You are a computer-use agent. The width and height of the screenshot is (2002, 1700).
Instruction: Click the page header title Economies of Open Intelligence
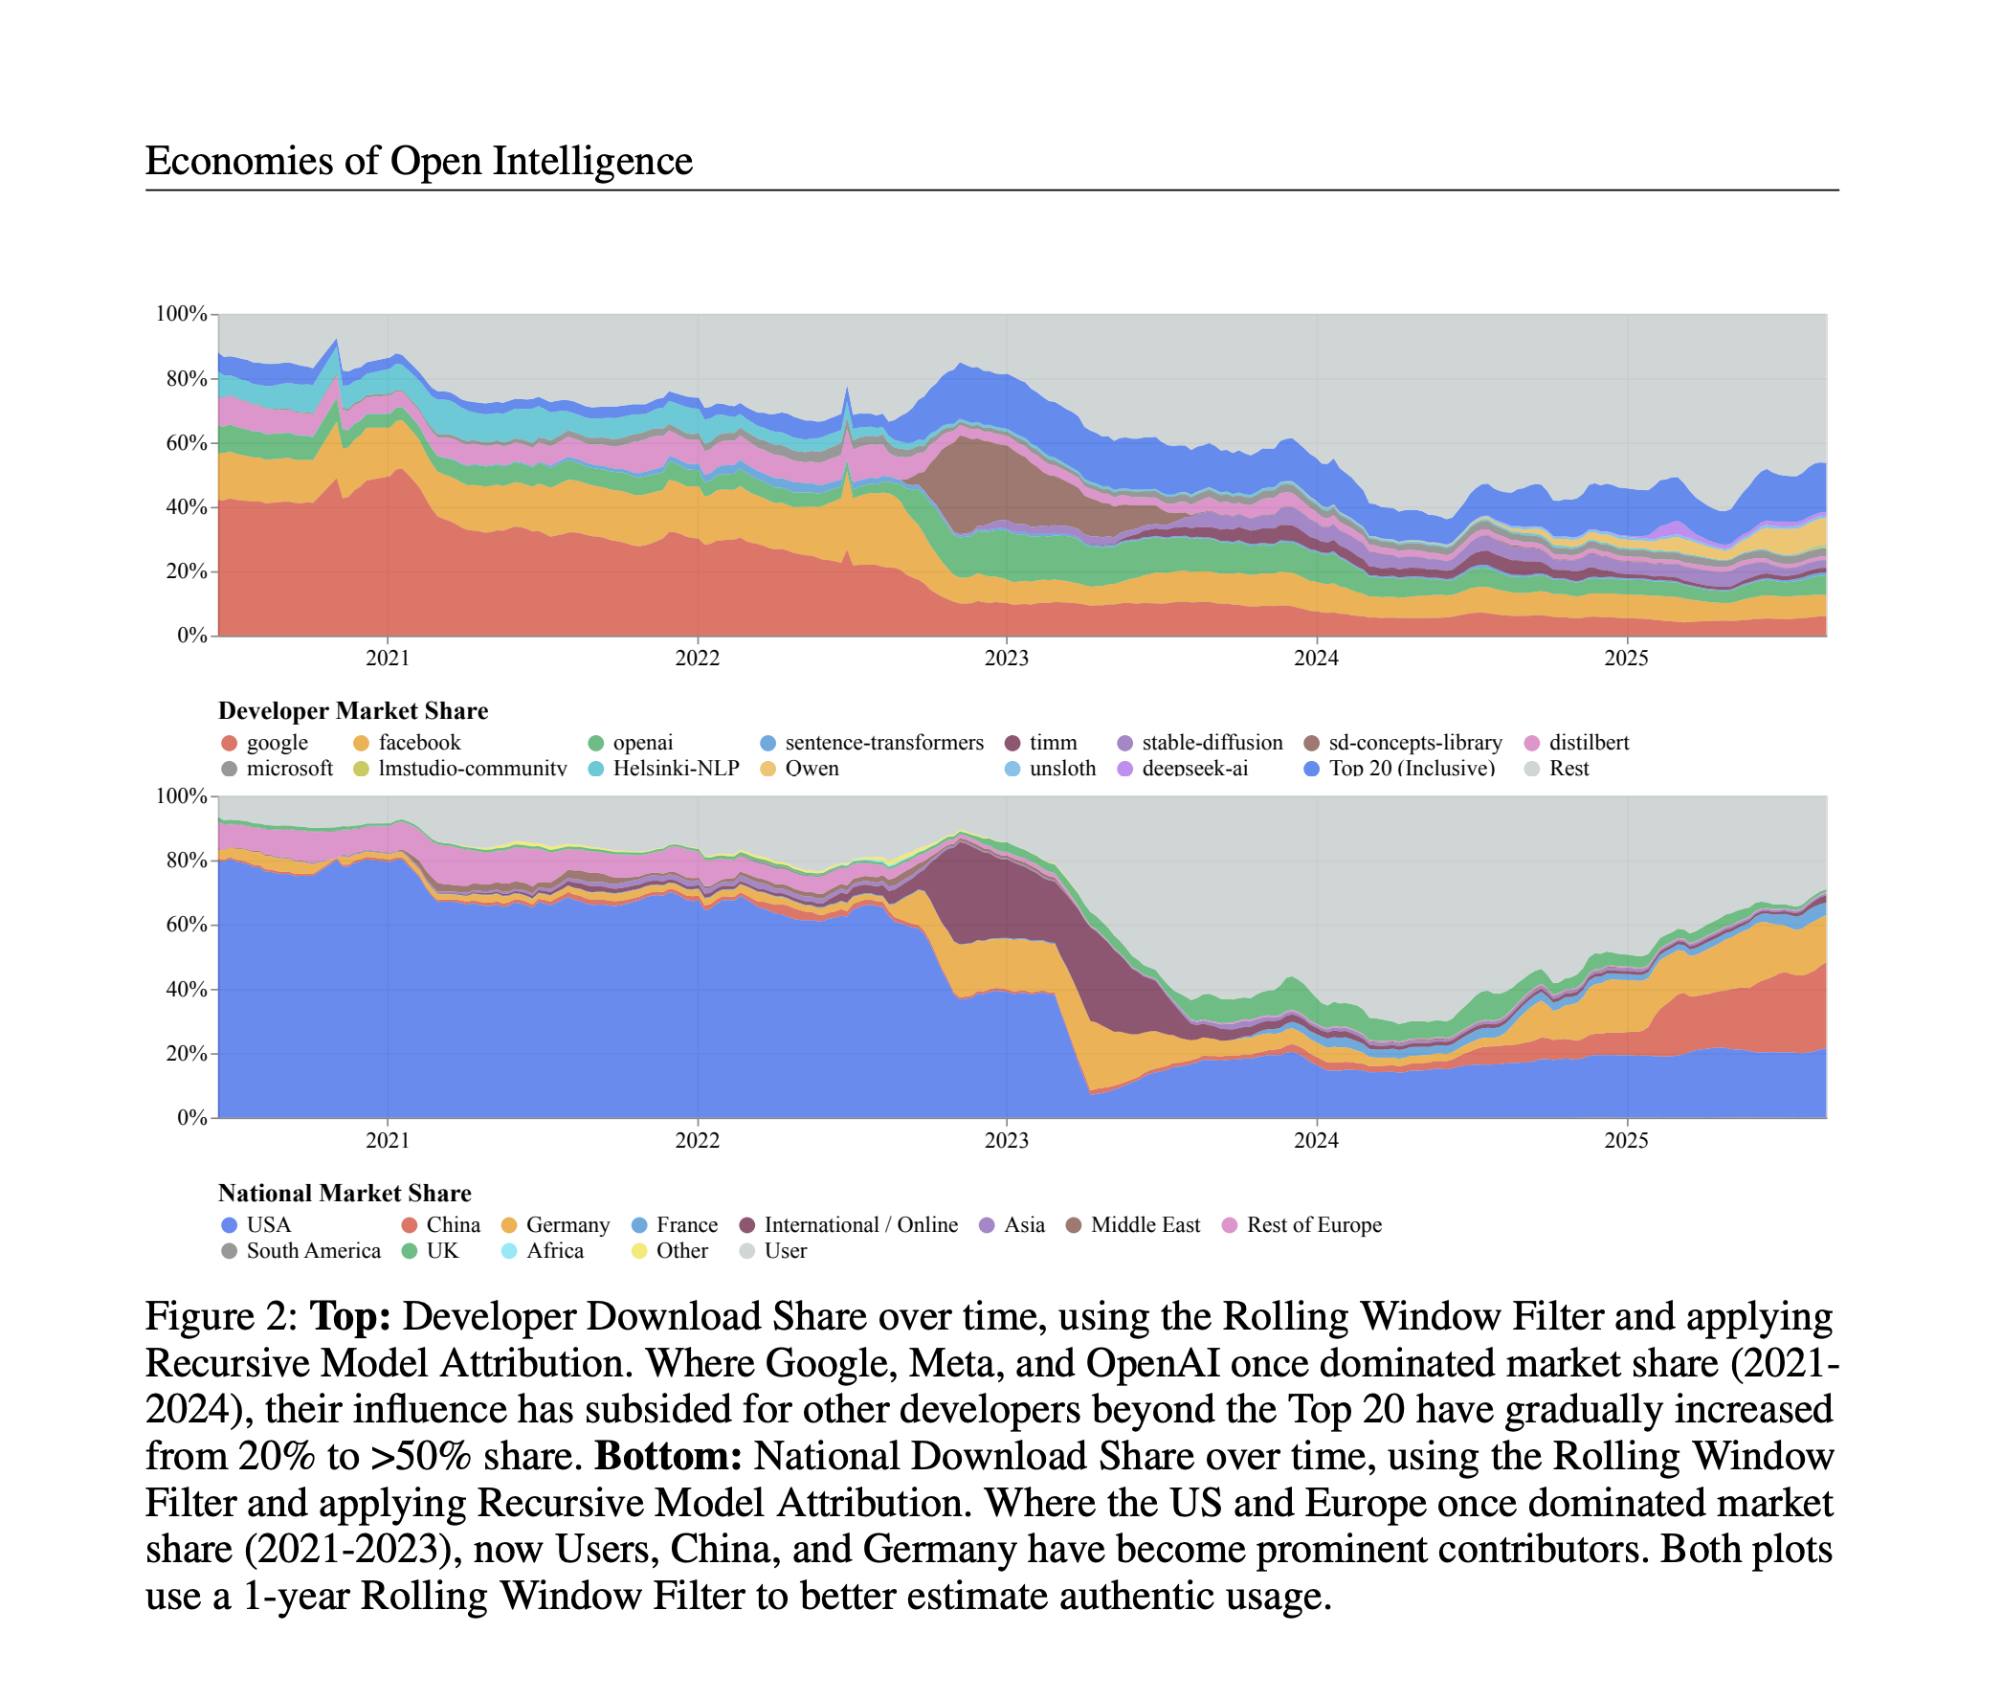[418, 160]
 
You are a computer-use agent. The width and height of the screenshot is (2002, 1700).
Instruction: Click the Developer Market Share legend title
[352, 710]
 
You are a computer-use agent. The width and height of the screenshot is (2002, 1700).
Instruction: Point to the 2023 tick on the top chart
[1006, 658]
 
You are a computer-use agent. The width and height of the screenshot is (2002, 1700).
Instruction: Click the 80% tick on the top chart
[186, 378]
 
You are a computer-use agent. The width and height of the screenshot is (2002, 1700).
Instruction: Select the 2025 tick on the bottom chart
[1625, 1140]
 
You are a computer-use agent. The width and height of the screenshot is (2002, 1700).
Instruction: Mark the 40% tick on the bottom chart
[186, 989]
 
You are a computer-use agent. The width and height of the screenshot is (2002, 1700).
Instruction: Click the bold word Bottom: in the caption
[668, 1456]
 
